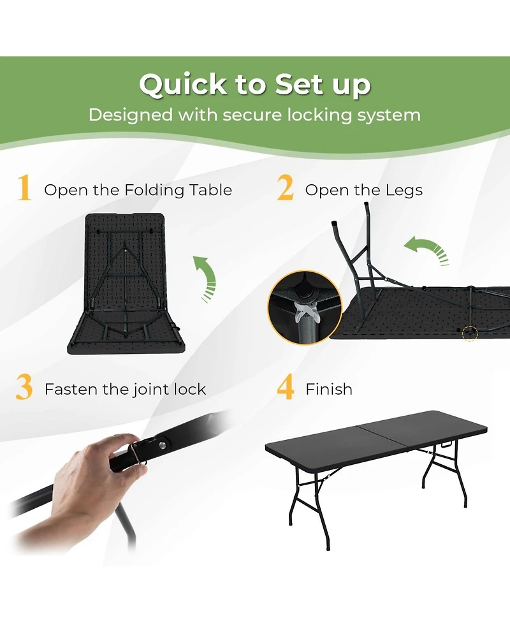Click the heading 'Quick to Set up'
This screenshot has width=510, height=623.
[255, 85]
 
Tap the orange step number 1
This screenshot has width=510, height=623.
[24, 189]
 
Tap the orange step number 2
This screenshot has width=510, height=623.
[286, 189]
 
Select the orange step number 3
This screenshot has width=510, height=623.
[24, 388]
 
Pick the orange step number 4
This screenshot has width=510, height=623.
[286, 388]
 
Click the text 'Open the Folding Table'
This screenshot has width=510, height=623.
[138, 190]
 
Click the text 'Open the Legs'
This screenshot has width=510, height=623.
[363, 190]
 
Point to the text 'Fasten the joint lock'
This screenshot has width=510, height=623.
[125, 389]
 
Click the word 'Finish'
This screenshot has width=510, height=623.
[329, 389]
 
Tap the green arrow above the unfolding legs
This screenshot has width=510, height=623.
[426, 249]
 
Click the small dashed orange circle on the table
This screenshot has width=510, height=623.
[470, 333]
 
